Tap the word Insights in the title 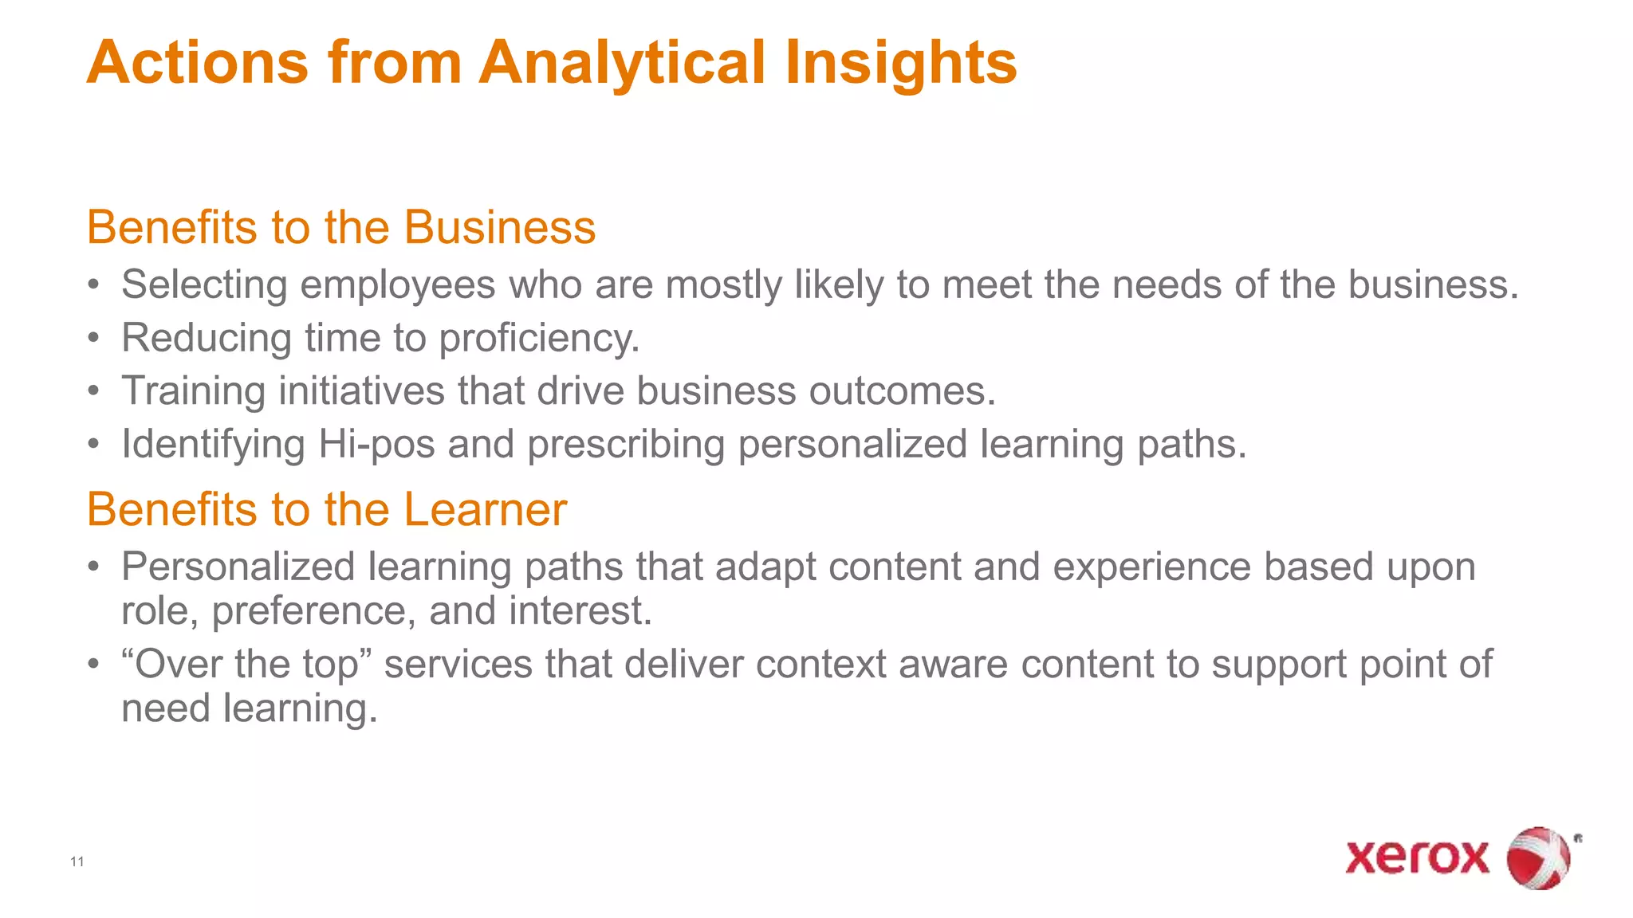[x=901, y=64]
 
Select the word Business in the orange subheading [x=500, y=228]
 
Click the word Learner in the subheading [x=486, y=510]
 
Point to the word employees [x=398, y=285]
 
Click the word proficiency [x=539, y=339]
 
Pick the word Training [x=193, y=392]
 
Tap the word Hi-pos [x=376, y=445]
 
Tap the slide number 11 [x=77, y=861]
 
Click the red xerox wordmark [x=1417, y=857]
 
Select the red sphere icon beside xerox [x=1538, y=858]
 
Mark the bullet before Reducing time [x=94, y=339]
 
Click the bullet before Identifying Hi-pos [x=94, y=445]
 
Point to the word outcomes [x=902, y=392]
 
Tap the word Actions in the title [x=198, y=64]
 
